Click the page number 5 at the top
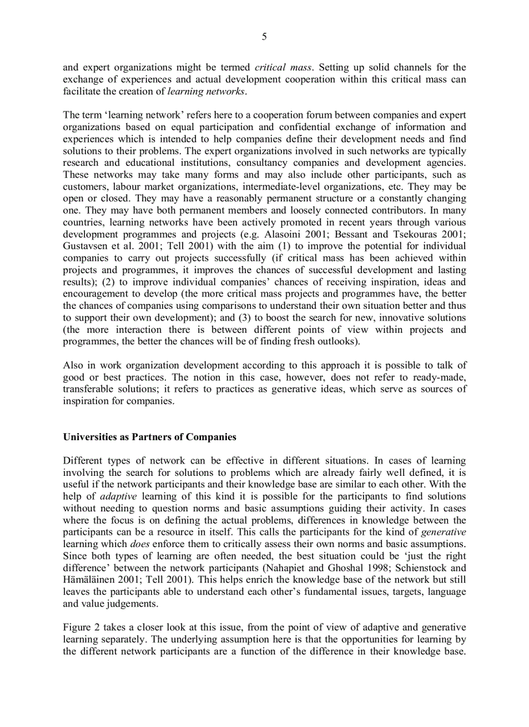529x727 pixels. point(264,37)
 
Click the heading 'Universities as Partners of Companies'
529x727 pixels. point(150,437)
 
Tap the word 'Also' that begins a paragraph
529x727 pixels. point(73,365)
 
